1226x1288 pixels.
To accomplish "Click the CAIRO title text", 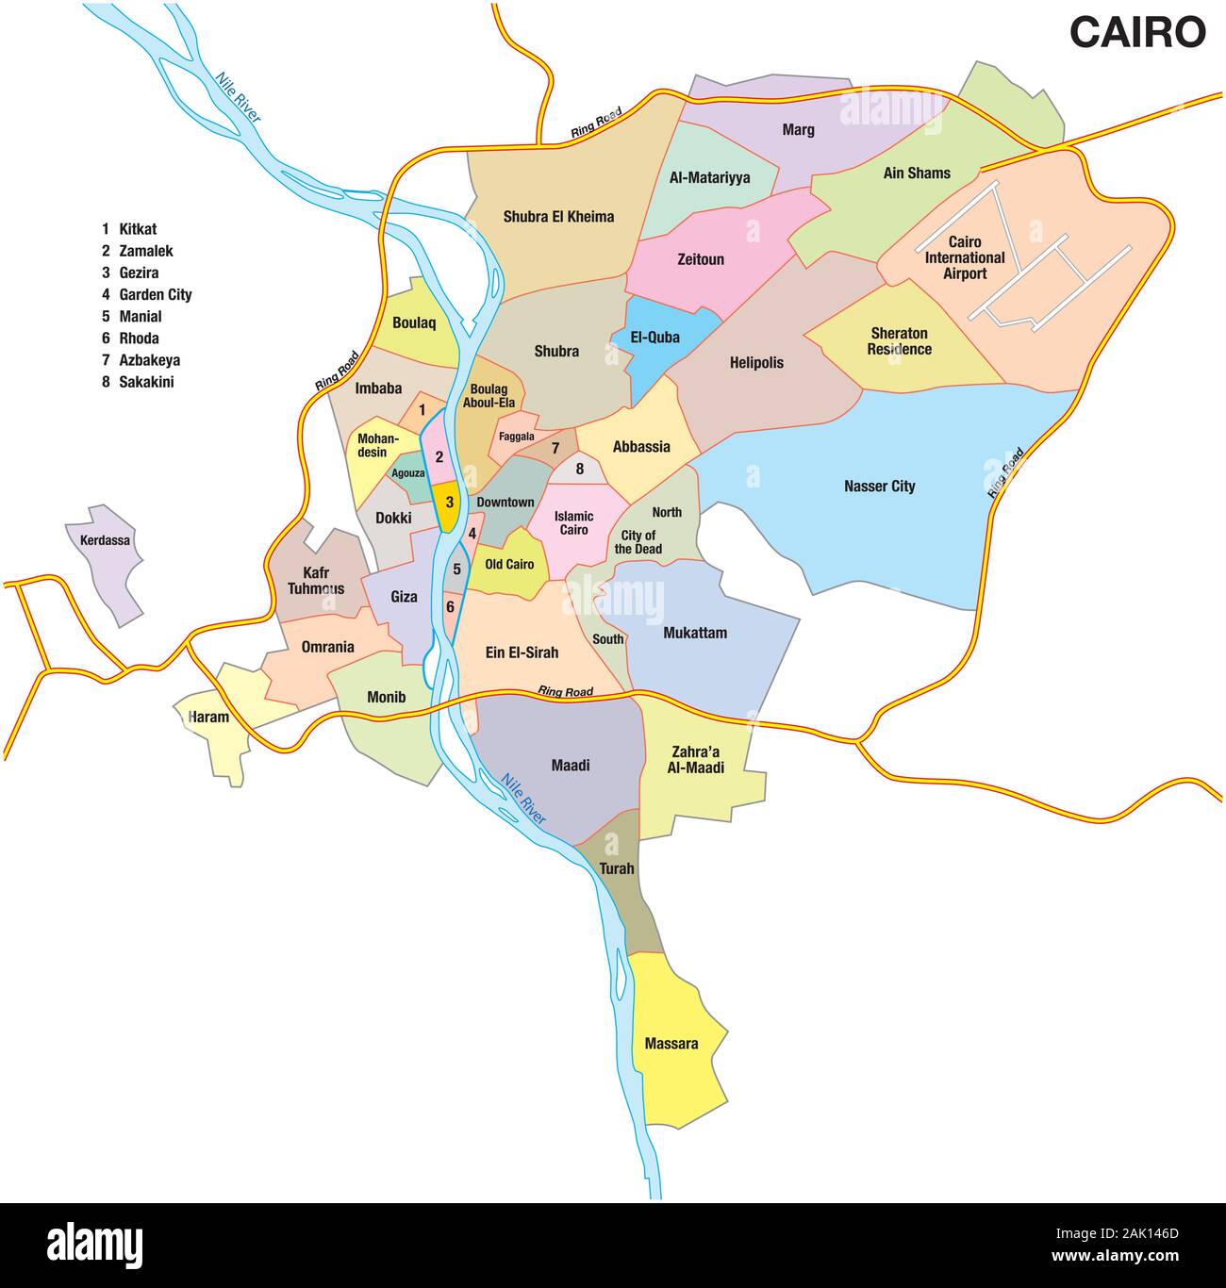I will tap(1136, 32).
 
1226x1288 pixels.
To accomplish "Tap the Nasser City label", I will tap(879, 487).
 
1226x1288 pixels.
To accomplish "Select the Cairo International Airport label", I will tap(964, 257).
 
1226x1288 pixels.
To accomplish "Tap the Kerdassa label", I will tap(105, 540).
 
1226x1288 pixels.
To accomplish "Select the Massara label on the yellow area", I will tap(671, 1044).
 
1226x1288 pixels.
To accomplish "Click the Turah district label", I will tap(617, 868).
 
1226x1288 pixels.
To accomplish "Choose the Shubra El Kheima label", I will tap(558, 217).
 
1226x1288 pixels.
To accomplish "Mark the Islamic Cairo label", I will tap(573, 522).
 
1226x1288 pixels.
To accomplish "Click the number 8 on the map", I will tap(580, 469).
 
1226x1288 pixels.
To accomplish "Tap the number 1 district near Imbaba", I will tap(422, 410).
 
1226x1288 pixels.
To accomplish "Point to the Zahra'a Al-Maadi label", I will tap(698, 760).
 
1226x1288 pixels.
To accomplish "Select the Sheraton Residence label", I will tap(900, 341).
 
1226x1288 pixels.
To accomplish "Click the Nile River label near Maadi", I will tap(523, 800).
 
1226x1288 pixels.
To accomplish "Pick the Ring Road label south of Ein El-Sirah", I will tap(565, 692).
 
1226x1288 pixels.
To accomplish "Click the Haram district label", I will tap(208, 717).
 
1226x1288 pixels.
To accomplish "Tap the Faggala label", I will tap(516, 437).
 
